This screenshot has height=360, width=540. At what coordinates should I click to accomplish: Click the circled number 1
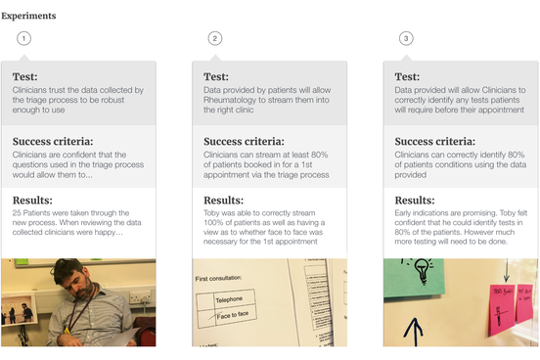click(23, 38)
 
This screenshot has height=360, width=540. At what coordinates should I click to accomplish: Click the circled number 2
click(215, 38)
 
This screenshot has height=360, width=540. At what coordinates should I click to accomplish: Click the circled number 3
click(406, 38)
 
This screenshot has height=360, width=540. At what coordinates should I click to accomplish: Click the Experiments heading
click(29, 16)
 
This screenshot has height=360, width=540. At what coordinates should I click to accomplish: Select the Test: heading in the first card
click(26, 77)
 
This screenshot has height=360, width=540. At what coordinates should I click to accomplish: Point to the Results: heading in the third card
click(418, 201)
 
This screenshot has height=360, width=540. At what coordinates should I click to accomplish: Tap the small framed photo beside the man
click(20, 313)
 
